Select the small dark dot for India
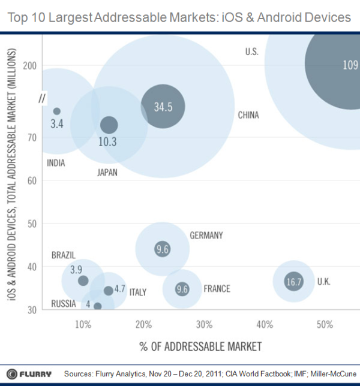57,111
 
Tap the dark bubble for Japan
109,125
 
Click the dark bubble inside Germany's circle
162,249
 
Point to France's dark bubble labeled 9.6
182,289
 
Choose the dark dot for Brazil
83,281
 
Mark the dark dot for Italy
108,291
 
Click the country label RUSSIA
63,304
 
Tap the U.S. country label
251,52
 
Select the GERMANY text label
206,235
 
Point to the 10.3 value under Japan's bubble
108,141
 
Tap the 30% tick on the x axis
204,324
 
